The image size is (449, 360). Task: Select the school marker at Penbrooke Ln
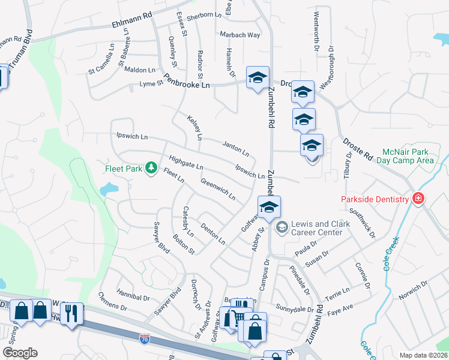point(258,78)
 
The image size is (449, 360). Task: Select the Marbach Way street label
point(240,35)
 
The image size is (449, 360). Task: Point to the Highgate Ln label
point(186,162)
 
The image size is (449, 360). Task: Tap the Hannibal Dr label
point(133,296)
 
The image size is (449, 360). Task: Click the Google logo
point(20,353)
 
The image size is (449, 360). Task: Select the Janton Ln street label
point(235,148)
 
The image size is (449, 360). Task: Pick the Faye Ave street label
point(340,307)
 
